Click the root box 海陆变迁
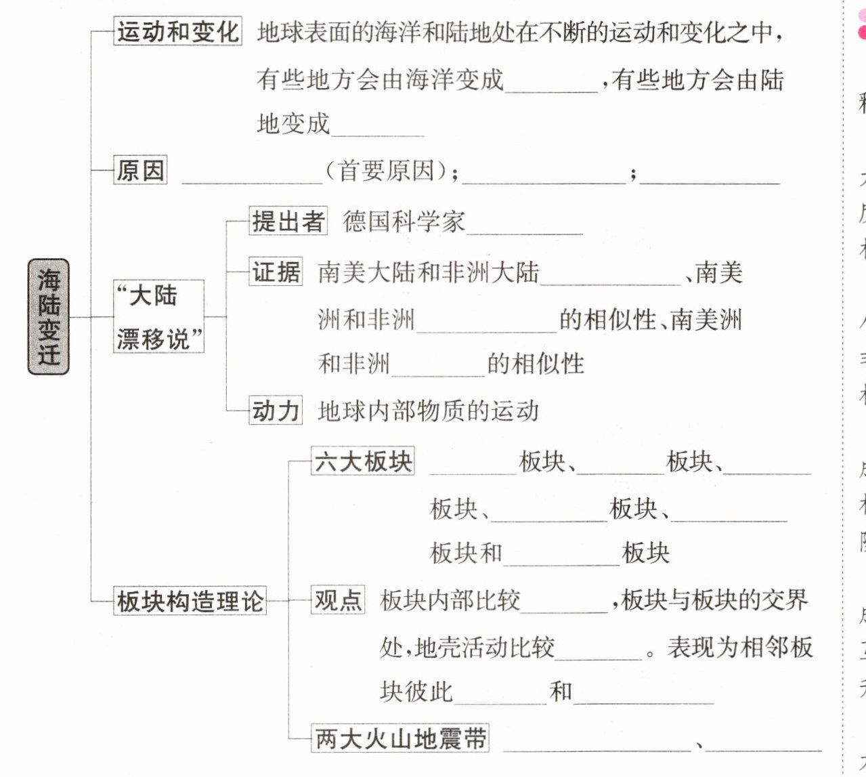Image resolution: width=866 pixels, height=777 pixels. [48, 316]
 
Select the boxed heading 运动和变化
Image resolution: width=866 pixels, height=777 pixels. [177, 32]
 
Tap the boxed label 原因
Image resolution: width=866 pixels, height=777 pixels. [140, 170]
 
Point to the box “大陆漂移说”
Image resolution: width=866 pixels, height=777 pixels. [158, 316]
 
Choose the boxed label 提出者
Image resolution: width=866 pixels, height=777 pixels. [288, 221]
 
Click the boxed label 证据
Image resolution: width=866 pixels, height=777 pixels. [276, 272]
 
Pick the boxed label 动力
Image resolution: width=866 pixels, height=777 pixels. [276, 411]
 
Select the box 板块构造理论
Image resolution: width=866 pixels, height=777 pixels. [190, 601]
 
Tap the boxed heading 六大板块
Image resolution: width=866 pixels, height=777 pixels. [363, 461]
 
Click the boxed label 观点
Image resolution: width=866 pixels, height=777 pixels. [338, 600]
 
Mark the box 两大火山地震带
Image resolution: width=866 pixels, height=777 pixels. [400, 738]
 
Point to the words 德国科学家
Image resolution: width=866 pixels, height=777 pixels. [404, 222]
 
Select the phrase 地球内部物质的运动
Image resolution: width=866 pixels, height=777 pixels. [429, 411]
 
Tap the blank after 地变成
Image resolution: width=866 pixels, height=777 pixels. [377, 127]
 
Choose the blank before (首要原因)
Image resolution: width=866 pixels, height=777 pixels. [252, 174]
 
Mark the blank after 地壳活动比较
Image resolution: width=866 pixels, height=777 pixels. [599, 650]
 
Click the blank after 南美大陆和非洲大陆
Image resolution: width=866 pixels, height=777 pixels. [611, 276]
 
